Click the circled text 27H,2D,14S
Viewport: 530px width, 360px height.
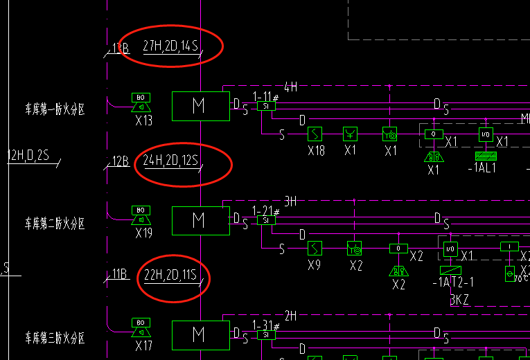click(170, 46)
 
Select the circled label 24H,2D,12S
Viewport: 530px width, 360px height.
click(170, 161)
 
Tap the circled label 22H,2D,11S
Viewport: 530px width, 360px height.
click(170, 276)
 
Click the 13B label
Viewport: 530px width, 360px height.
click(121, 48)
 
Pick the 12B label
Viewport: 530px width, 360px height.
click(121, 162)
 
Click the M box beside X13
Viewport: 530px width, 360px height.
click(200, 106)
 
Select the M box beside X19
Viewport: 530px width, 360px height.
click(200, 220)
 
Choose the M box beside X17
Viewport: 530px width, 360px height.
click(200, 334)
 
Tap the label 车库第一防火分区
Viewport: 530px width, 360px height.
click(55, 109)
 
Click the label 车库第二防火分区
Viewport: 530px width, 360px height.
click(55, 223)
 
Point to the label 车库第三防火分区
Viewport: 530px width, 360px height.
click(55, 338)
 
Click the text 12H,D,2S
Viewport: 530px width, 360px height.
click(28, 154)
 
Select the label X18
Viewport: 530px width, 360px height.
click(316, 150)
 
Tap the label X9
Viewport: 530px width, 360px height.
click(313, 264)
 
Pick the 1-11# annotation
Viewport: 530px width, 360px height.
click(265, 96)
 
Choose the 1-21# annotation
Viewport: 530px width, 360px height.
click(265, 210)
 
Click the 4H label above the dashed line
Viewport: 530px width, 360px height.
click(290, 87)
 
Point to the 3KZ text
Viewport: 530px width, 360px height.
click(461, 299)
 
